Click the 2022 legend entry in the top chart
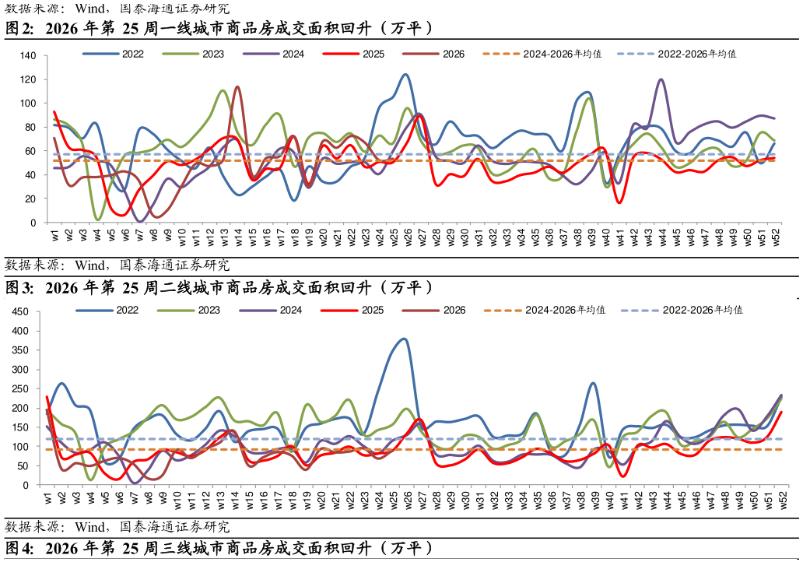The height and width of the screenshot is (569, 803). [113, 54]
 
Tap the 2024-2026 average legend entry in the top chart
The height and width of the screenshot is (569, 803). [542, 54]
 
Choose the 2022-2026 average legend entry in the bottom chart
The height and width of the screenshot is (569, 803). [682, 310]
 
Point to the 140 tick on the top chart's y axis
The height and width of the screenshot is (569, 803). [29, 56]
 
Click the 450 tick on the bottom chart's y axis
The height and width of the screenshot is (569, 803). [20, 312]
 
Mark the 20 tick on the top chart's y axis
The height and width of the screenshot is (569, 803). [31, 198]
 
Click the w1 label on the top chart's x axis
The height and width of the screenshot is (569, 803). [54, 235]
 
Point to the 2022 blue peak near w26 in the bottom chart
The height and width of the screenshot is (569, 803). [404, 339]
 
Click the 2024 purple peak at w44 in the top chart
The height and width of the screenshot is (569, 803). [661, 79]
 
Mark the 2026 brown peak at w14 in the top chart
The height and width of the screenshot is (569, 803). [237, 87]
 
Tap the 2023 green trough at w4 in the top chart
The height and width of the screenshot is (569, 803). [98, 220]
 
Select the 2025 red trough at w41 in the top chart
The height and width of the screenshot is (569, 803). [619, 202]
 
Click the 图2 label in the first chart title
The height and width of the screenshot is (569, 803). [19, 28]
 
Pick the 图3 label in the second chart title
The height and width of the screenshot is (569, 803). [19, 288]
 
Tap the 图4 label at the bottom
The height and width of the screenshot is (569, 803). [19, 549]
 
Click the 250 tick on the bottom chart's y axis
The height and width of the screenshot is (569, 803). [20, 388]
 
